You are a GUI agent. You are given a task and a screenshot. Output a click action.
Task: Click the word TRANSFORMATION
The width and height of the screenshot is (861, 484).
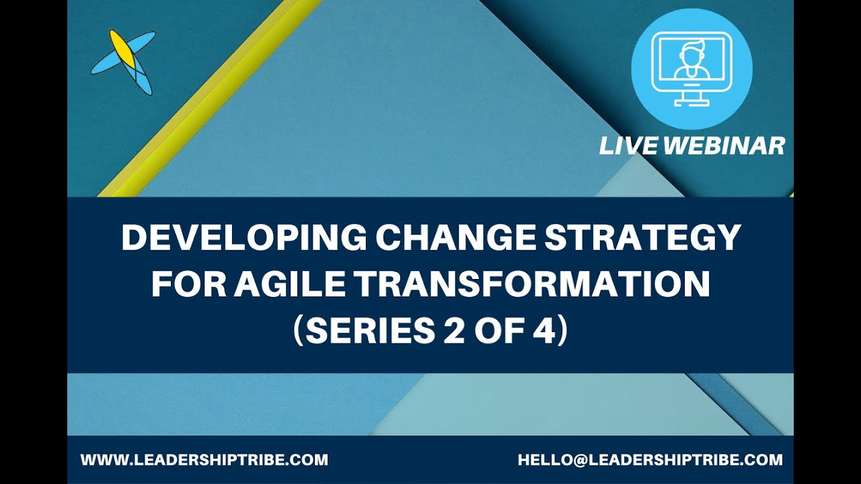click(532, 286)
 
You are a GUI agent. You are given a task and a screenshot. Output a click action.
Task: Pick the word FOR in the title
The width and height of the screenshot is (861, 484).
click(188, 286)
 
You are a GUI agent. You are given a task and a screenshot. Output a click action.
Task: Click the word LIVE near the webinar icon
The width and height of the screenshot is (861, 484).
click(628, 146)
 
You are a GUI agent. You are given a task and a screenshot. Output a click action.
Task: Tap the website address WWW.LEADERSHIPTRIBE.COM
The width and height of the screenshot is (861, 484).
click(204, 460)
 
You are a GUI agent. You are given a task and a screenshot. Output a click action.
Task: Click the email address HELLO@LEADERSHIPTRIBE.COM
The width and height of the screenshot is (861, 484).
click(650, 460)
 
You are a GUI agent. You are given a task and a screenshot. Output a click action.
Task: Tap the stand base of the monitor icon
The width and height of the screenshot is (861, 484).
click(691, 104)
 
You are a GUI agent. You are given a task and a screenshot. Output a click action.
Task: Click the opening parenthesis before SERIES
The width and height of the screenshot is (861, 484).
click(299, 333)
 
